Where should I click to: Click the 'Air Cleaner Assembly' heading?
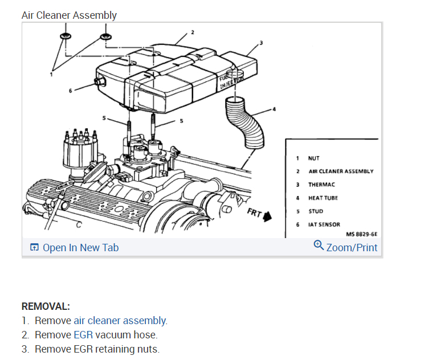[69, 15]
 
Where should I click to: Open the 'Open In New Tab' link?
[80, 247]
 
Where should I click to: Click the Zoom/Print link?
[352, 247]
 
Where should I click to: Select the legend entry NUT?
[313, 158]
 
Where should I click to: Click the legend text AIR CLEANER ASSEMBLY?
[341, 171]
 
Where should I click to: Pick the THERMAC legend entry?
[321, 185]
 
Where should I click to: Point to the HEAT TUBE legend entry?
[323, 198]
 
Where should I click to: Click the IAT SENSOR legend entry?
[324, 224]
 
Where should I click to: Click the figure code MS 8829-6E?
[361, 234]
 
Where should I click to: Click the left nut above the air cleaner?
[64, 36]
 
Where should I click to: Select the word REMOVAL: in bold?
[46, 306]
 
